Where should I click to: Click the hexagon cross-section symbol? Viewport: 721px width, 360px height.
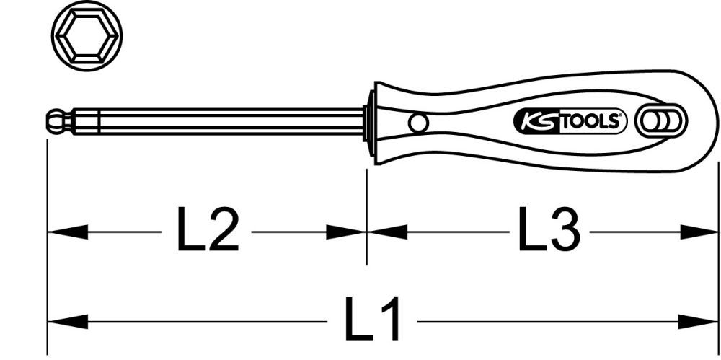(87, 35)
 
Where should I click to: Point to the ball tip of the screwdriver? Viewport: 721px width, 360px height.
(55, 121)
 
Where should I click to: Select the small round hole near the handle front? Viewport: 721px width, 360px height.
(417, 123)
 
